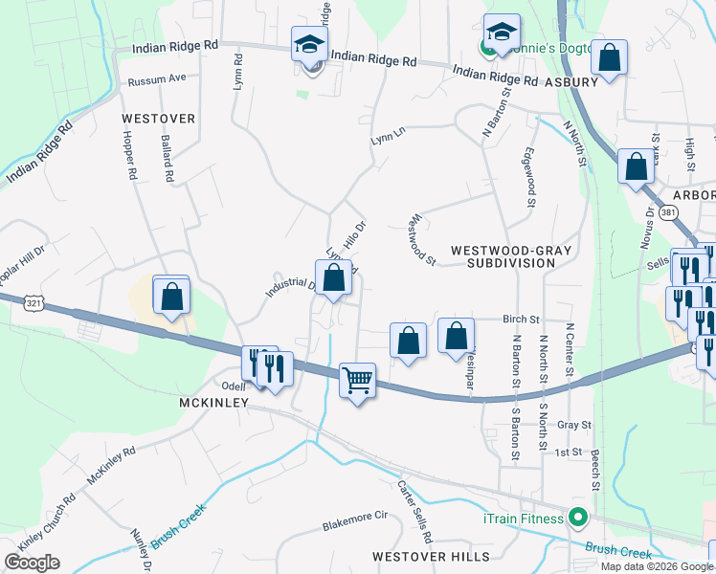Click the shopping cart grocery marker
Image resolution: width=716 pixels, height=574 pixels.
coord(357,380)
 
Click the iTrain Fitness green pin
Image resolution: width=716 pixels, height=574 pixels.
coord(576,519)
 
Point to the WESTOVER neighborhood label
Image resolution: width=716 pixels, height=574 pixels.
coord(159,119)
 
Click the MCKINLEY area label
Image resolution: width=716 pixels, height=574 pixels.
coord(213,403)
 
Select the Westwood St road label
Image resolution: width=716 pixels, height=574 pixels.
coord(422,239)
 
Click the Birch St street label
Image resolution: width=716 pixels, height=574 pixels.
coord(522,320)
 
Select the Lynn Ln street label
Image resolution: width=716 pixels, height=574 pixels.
coord(388,140)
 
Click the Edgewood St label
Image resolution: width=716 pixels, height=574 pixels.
coord(528,177)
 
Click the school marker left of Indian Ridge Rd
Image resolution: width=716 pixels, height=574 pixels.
coord(310,45)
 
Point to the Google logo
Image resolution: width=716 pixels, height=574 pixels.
coord(32,563)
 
